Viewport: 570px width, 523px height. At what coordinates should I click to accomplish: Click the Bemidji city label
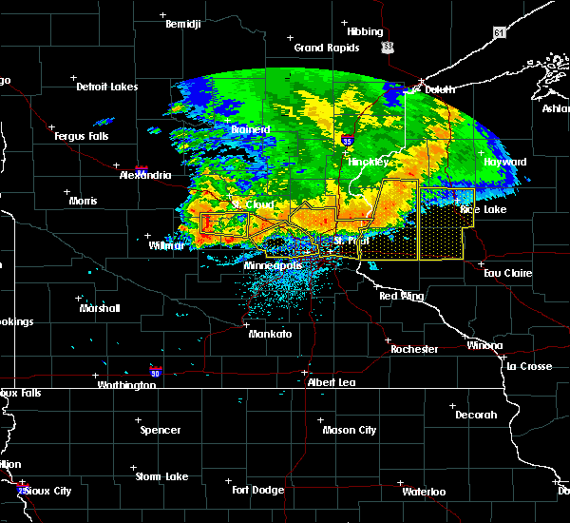[x=182, y=24]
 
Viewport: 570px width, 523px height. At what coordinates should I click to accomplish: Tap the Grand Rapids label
[x=326, y=48]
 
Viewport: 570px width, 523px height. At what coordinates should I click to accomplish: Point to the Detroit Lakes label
[x=106, y=87]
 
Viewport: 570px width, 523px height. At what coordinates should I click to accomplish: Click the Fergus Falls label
[x=85, y=137]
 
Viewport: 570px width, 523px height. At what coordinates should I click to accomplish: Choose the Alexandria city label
[x=145, y=175]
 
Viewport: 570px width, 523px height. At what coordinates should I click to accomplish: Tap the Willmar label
[x=166, y=244]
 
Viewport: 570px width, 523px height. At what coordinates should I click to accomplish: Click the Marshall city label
[x=100, y=308]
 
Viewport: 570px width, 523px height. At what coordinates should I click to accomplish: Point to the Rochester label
[x=414, y=349]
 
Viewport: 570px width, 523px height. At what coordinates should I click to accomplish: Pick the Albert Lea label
[x=331, y=382]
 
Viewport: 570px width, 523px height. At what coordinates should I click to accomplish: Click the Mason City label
[x=351, y=430]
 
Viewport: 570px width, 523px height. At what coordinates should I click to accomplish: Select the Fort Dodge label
[x=259, y=490]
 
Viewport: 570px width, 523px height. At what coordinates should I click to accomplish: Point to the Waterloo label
[x=423, y=492]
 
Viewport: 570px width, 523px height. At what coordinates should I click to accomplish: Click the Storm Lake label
[x=161, y=476]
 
